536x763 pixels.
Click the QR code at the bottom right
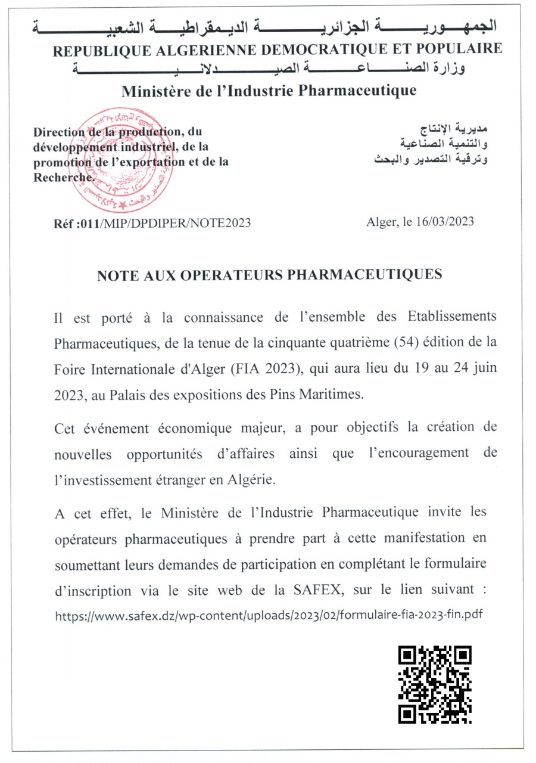coord(435,684)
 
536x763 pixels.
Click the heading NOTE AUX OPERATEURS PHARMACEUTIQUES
coord(269,274)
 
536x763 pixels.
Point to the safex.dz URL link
coord(269,615)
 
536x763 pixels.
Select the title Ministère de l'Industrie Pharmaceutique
coord(269,91)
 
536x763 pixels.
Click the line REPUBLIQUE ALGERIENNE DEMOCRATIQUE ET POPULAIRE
coord(278,49)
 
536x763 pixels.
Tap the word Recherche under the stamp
coord(64,176)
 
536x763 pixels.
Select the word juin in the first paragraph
coord(483,368)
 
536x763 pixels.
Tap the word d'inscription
coord(92,591)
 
